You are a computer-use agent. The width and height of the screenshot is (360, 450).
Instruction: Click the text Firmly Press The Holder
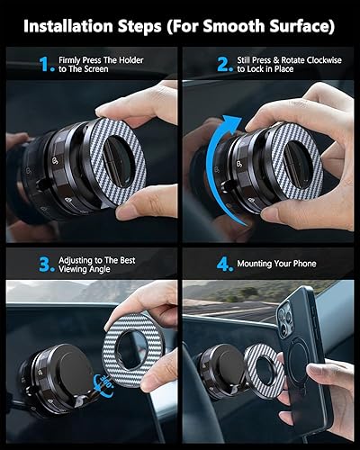[100, 60]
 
